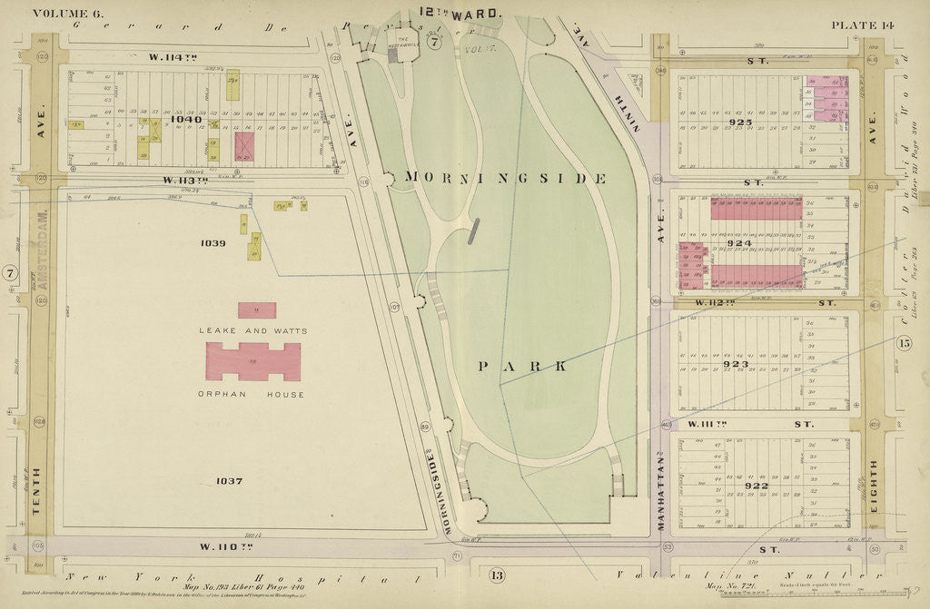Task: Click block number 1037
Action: (x=223, y=480)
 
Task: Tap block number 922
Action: (x=756, y=486)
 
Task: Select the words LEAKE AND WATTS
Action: (x=253, y=331)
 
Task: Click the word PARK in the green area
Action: (x=524, y=366)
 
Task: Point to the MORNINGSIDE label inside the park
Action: (x=505, y=178)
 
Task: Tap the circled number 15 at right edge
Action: (x=903, y=343)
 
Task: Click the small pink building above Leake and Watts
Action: (x=257, y=310)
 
